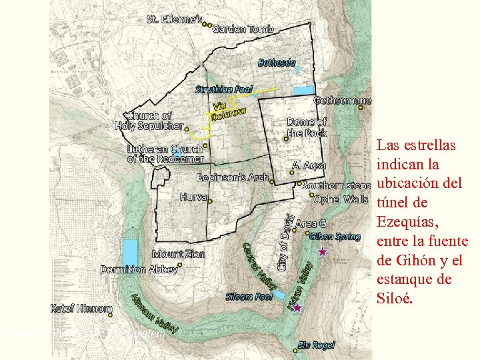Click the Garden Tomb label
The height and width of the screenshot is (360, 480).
tap(243, 29)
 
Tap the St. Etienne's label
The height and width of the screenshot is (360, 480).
tap(174, 19)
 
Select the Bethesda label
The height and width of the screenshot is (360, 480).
tap(277, 63)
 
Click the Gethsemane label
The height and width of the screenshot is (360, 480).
tap(342, 101)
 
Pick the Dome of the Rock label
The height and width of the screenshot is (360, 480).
tap(307, 127)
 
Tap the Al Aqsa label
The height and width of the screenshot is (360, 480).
tap(309, 165)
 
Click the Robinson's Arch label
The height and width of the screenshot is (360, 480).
tap(232, 178)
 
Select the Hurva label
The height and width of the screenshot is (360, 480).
tap(193, 197)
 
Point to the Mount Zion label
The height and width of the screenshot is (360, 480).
tap(179, 254)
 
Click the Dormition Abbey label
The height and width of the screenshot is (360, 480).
tap(139, 269)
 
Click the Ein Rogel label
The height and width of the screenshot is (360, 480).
tap(317, 345)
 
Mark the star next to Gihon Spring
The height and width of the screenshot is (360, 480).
tap(323, 251)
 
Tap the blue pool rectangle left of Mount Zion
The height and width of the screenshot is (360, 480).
tap(130, 253)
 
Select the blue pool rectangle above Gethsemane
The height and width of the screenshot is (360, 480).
tap(303, 90)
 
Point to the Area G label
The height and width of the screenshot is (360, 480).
tap(311, 223)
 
